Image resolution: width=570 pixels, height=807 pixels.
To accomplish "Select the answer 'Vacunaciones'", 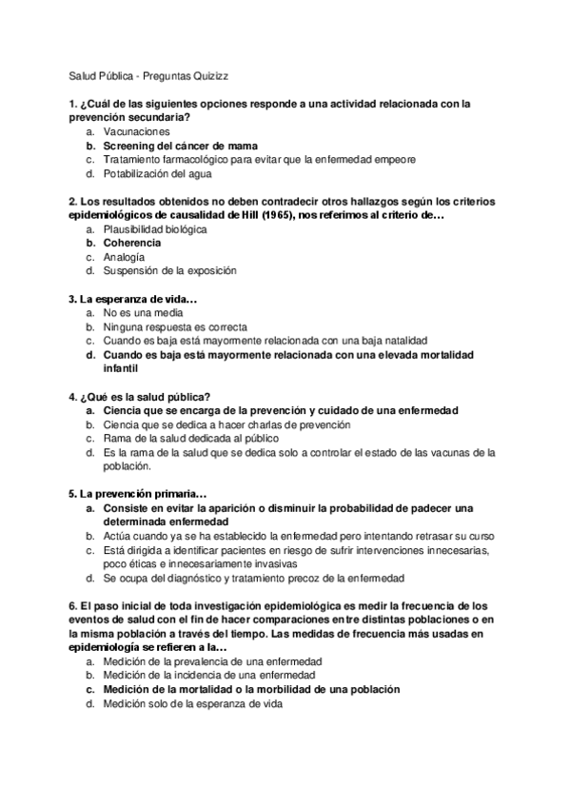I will (x=137, y=130).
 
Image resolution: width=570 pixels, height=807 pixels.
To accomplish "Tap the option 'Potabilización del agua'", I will (x=158, y=174).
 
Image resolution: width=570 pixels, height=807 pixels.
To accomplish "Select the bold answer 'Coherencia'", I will (x=132, y=243).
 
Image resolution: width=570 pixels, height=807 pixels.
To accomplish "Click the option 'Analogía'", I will (x=125, y=257).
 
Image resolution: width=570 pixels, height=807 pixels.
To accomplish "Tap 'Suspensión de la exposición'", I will (x=169, y=271).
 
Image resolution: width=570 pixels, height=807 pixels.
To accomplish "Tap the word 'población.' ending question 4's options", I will (x=128, y=466).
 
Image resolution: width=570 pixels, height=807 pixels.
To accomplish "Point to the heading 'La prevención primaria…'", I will (x=138, y=494).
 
